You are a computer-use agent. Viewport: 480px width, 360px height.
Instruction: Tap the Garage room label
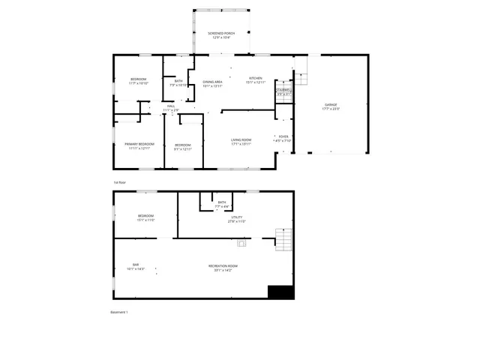click(330, 104)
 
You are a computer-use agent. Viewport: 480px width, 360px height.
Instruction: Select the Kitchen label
click(256, 79)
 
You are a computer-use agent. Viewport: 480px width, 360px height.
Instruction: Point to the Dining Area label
click(212, 82)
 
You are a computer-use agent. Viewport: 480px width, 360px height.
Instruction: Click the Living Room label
click(241, 140)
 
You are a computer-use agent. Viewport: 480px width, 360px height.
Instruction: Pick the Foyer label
click(283, 136)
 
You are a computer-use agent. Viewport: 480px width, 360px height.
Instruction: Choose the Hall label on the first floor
click(171, 106)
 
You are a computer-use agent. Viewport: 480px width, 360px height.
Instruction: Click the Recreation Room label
click(223, 265)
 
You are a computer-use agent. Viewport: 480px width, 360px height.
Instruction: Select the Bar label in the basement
click(136, 265)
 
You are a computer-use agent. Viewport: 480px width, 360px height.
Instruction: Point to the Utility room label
click(236, 217)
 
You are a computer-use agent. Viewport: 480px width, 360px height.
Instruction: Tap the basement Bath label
click(222, 202)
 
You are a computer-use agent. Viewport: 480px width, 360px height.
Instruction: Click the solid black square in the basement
click(280, 292)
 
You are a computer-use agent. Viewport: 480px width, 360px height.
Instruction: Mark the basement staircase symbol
click(282, 240)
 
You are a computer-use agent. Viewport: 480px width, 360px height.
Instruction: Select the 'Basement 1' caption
click(119, 312)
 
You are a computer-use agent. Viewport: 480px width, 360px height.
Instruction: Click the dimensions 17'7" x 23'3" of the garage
click(330, 109)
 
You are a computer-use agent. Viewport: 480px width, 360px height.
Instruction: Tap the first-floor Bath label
click(178, 81)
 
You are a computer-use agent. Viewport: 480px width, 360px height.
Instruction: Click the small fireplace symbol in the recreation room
click(241, 243)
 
